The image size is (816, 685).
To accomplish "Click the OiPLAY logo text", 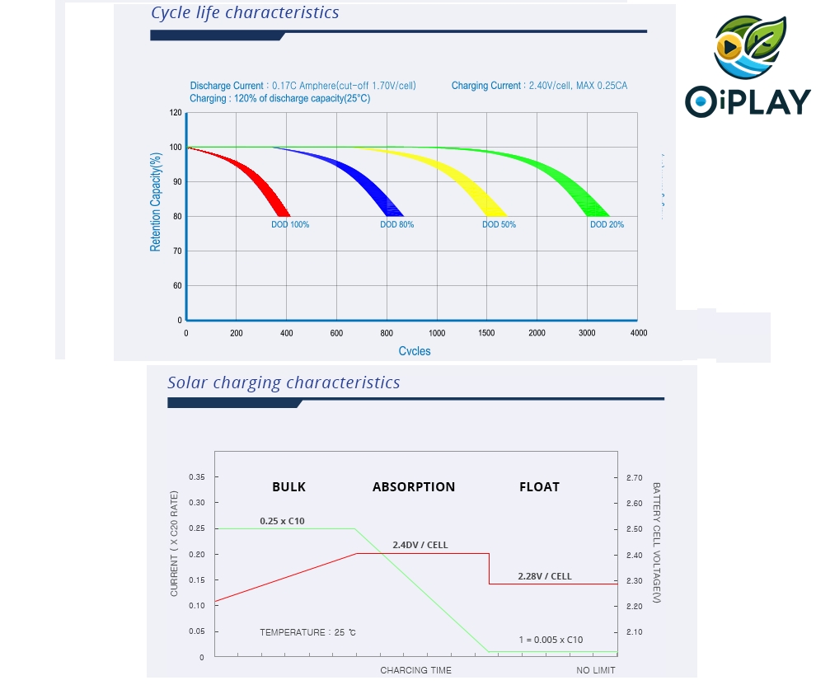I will coord(748,101).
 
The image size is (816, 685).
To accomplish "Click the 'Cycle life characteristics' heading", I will coord(245,12).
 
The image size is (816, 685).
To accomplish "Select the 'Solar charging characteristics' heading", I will coord(284,382).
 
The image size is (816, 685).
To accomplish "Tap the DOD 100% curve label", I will coord(290,224).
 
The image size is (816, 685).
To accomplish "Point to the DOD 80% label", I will coord(396,224).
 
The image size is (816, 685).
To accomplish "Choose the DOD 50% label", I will coord(499,224).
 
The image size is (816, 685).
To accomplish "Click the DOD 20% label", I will coord(607,224).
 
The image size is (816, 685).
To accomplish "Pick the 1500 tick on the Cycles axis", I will coord(487,333).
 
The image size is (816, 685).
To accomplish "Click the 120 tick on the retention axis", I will coord(176,113).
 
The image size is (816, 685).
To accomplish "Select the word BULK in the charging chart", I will coord(288,487).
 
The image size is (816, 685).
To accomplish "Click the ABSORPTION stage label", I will coord(414,487).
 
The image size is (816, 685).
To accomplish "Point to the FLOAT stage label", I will coord(539,487).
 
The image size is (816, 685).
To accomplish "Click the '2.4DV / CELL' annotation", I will coord(420,545).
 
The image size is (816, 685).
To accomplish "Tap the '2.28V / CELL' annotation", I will coord(544,576).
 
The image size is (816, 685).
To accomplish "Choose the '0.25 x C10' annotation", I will coord(282,521).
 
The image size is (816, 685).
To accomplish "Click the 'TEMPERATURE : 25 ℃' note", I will coord(307,632).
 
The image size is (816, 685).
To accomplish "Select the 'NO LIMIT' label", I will coord(595,670).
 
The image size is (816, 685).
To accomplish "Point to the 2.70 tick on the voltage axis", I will coord(634,477).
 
